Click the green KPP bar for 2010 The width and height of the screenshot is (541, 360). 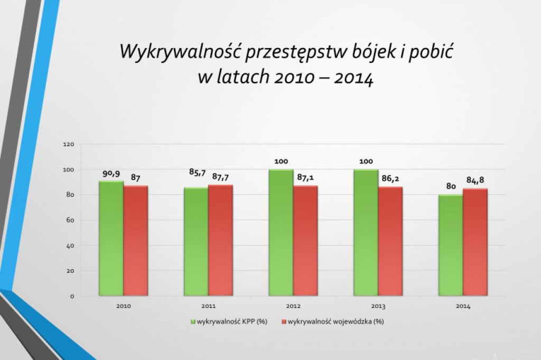tap(111, 239)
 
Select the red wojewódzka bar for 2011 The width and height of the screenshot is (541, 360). tap(220, 240)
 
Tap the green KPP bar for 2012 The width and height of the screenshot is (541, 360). tap(281, 232)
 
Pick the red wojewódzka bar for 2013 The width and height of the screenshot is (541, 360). tap(390, 241)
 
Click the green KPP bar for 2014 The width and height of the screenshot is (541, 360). tap(451, 245)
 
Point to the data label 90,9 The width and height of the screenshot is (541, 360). tap(110, 173)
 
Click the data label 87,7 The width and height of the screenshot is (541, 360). tap(221, 176)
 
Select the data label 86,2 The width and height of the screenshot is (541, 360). tap(390, 178)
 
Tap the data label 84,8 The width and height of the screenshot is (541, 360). tap(475, 181)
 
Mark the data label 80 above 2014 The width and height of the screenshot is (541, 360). tap(451, 187)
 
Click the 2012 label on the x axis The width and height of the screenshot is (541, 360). tap(293, 306)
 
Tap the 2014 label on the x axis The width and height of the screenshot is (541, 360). tap(463, 306)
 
